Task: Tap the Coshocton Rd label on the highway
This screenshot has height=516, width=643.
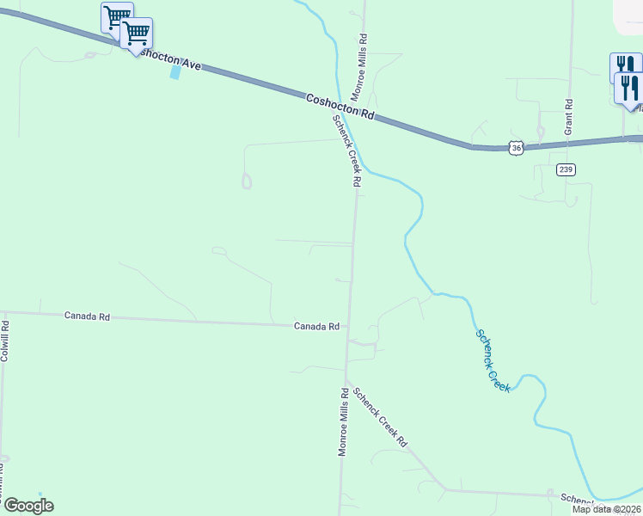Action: (x=341, y=107)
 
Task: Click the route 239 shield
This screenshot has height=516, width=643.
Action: (x=565, y=169)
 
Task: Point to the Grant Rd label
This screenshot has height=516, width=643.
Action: (x=568, y=114)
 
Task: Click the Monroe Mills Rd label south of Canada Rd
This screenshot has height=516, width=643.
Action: (x=343, y=421)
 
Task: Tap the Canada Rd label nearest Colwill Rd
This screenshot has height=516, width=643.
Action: (x=88, y=316)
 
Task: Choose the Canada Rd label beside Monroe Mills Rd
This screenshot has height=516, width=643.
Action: (x=317, y=327)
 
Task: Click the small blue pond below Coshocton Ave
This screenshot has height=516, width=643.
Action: (x=176, y=72)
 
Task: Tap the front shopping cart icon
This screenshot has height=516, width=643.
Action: (x=136, y=34)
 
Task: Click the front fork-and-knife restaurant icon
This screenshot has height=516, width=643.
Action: (x=629, y=89)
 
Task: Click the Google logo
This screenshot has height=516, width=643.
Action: (x=28, y=506)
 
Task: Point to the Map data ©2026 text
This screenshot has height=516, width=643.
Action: (x=607, y=509)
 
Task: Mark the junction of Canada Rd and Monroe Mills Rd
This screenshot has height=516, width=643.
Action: (x=349, y=326)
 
